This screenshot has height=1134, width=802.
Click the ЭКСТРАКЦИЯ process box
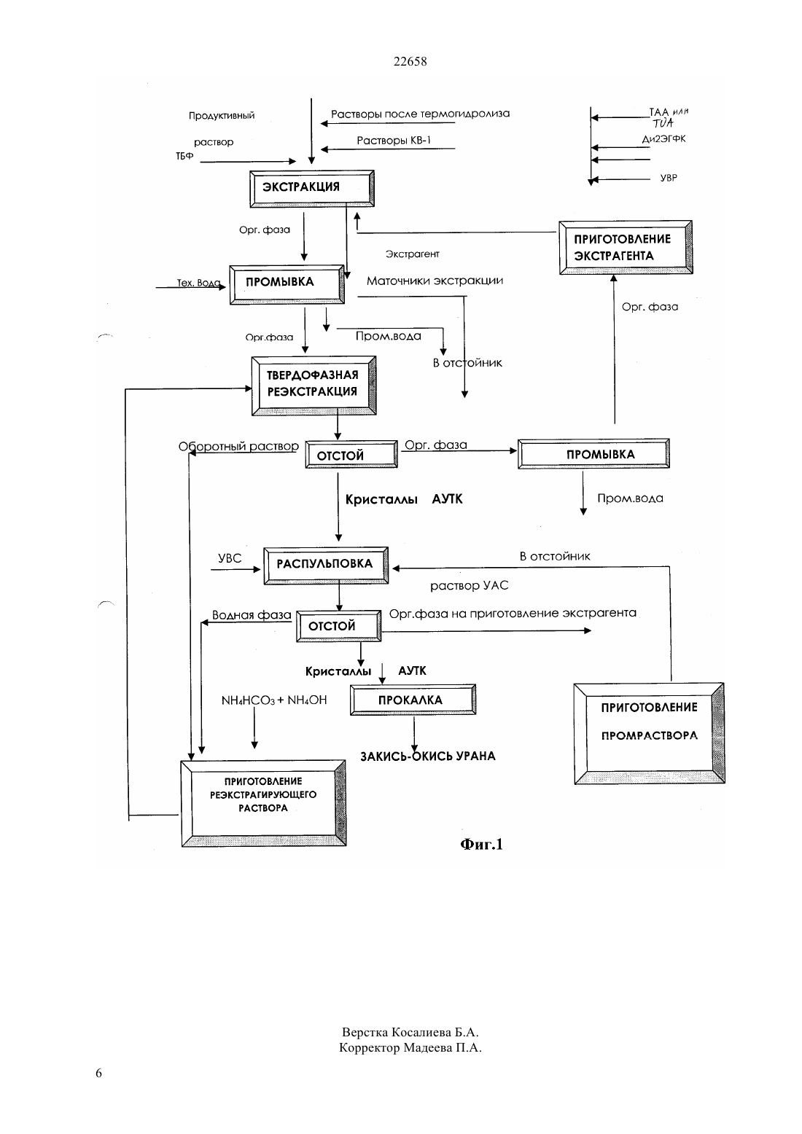(x=312, y=188)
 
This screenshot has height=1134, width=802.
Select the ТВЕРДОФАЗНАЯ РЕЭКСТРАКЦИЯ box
(x=314, y=386)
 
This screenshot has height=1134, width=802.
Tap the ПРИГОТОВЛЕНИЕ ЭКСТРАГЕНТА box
(x=626, y=248)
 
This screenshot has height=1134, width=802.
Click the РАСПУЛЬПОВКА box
(x=326, y=566)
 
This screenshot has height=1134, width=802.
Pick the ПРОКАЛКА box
(x=413, y=700)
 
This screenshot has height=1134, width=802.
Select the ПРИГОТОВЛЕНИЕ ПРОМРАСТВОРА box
(x=649, y=734)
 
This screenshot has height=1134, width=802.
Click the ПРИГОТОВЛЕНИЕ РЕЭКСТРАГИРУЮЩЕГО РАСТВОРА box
(x=264, y=803)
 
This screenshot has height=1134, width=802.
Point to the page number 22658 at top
(x=410, y=61)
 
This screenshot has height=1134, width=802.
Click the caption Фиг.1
(x=481, y=844)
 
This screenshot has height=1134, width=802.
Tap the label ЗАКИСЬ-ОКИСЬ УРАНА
(x=428, y=756)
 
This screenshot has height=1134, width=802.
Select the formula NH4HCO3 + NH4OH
(x=274, y=700)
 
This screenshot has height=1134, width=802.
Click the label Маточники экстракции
(x=435, y=281)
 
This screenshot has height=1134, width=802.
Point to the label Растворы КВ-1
(x=394, y=140)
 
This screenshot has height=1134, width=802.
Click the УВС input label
(x=230, y=558)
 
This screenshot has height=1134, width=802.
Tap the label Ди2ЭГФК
(x=663, y=138)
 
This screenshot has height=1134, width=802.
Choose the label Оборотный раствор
(x=238, y=446)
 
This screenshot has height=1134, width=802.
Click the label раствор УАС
(x=470, y=586)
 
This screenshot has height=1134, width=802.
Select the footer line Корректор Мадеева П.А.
(x=410, y=1047)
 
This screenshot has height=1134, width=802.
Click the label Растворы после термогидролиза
(x=420, y=114)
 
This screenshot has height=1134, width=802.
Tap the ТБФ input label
(x=184, y=156)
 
